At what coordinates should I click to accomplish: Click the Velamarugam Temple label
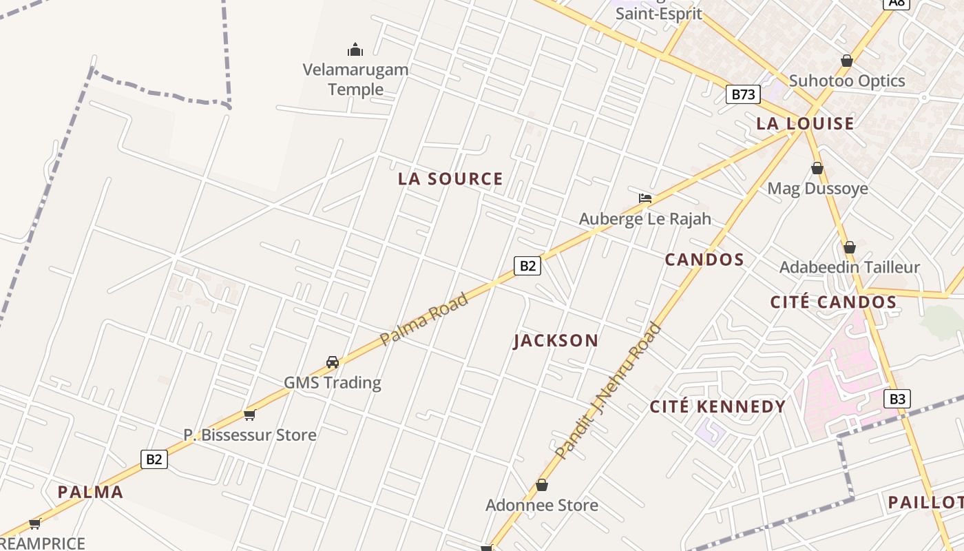(355, 79)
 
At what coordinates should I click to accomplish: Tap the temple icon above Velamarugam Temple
(355, 50)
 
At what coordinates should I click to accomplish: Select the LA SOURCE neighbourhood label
(450, 179)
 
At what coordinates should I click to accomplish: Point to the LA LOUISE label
(805, 124)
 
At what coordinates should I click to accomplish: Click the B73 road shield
(742, 94)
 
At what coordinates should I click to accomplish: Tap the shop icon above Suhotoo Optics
(847, 61)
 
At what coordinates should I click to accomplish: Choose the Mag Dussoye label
(817, 189)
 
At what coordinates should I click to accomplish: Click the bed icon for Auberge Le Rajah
(645, 198)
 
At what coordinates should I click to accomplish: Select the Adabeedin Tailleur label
(849, 267)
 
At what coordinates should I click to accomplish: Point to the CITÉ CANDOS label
(833, 302)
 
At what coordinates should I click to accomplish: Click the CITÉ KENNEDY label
(717, 407)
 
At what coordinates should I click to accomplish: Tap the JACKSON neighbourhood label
(556, 341)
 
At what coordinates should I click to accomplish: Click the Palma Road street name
(424, 319)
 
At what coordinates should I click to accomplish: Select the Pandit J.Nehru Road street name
(608, 391)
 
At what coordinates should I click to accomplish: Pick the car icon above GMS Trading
(333, 362)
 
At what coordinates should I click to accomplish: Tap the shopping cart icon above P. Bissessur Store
(249, 415)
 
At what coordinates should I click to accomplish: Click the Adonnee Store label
(541, 506)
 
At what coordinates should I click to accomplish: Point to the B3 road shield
(897, 399)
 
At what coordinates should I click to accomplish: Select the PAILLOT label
(925, 503)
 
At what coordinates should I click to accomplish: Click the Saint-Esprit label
(658, 14)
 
